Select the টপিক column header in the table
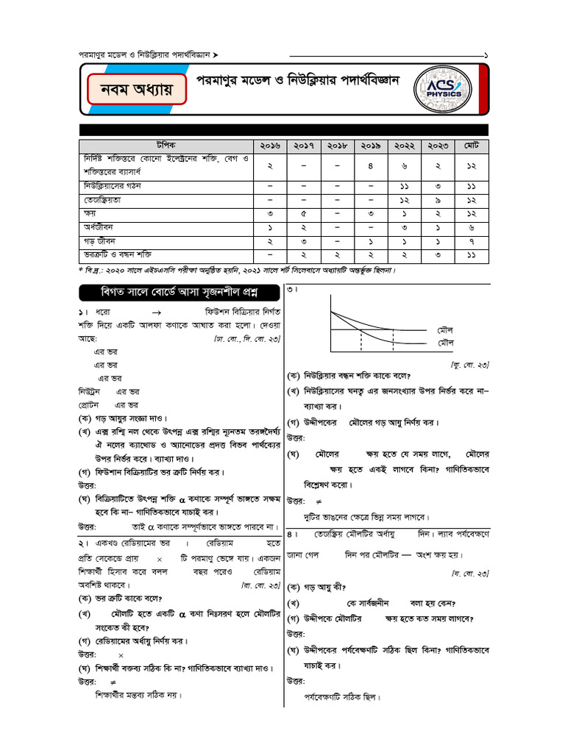pyautogui.click(x=166, y=146)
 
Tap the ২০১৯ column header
pyautogui.click(x=370, y=146)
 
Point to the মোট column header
pyautogui.click(x=472, y=146)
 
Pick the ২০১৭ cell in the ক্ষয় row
pyautogui.click(x=303, y=213)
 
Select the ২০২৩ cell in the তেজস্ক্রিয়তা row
pyautogui.click(x=438, y=199)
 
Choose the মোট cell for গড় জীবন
pyautogui.click(x=472, y=241)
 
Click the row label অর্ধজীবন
pyautogui.click(x=96, y=227)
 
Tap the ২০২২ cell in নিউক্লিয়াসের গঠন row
pyautogui.click(x=404, y=186)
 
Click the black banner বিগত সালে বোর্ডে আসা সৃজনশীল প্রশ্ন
pyautogui.click(x=172, y=291)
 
